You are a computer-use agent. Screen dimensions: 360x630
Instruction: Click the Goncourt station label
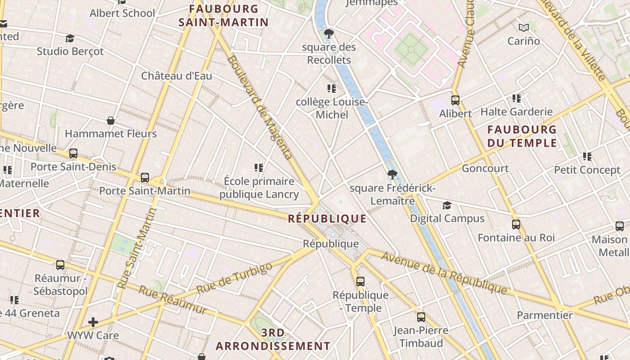[x=485, y=168]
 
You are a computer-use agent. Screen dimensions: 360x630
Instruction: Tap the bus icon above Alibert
[x=455, y=100]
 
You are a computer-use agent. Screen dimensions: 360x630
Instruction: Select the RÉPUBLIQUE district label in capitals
[x=327, y=219]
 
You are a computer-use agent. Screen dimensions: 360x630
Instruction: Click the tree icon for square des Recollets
[x=329, y=34]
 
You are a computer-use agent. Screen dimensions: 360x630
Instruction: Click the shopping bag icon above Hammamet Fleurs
[x=111, y=121]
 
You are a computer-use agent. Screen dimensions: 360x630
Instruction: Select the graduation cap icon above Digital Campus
[x=447, y=205]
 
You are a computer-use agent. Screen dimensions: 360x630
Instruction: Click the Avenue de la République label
[x=444, y=273]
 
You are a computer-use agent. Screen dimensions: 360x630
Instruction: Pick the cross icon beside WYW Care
[x=93, y=322]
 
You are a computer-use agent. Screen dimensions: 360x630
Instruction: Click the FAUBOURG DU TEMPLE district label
[x=522, y=136]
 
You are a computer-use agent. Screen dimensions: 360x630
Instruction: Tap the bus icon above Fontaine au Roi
[x=516, y=224]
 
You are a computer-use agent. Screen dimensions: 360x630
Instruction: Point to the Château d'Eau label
[x=176, y=76]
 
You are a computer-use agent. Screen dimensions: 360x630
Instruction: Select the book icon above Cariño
[x=523, y=28]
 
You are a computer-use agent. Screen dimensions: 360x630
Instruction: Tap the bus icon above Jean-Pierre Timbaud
[x=421, y=317]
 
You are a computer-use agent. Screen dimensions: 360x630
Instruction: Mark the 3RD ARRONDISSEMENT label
[x=273, y=339]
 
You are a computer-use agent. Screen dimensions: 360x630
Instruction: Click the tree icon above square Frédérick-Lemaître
[x=392, y=175]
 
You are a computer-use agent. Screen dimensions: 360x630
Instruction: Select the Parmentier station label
[x=544, y=315]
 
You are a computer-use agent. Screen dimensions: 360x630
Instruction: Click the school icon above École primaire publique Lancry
[x=259, y=168]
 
